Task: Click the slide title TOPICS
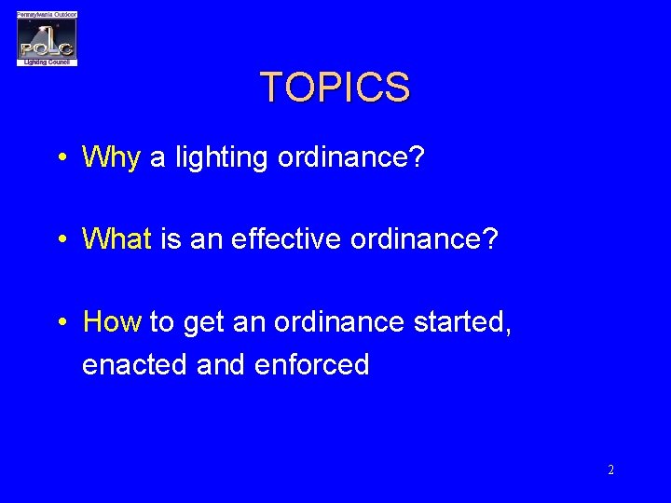pos(335,88)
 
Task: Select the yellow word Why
pos(111,157)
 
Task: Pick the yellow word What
pos(116,239)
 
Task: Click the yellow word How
pos(112,322)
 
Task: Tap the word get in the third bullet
pos(203,323)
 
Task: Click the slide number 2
pos(610,470)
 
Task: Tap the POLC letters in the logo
pos(47,47)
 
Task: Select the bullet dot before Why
pos(61,157)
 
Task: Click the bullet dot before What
pos(61,240)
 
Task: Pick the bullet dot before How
pos(61,323)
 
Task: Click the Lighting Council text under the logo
pos(47,61)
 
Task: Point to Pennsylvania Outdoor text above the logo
pos(47,15)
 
